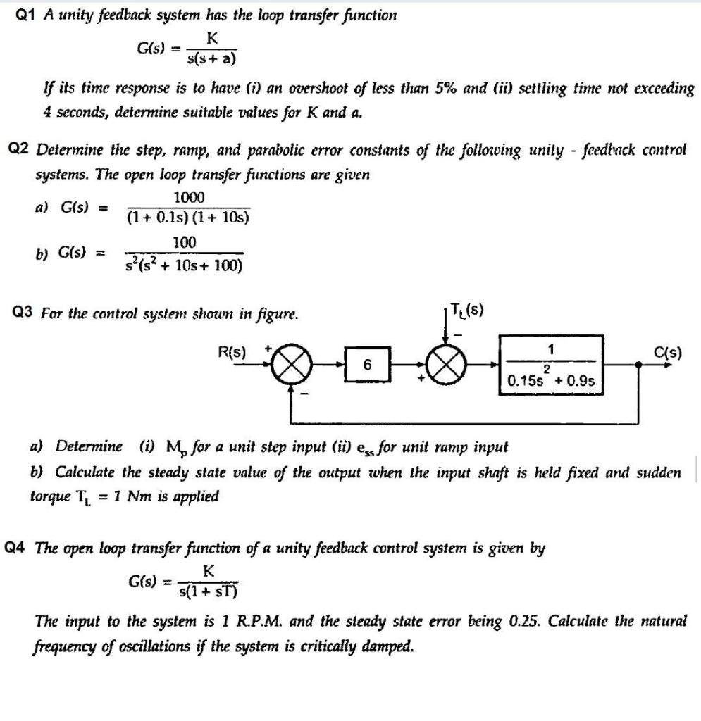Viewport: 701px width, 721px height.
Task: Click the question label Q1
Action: pyautogui.click(x=25, y=15)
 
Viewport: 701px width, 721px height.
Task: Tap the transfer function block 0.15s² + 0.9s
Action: pyautogui.click(x=552, y=365)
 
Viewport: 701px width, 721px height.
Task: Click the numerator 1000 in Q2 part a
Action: pyautogui.click(x=189, y=197)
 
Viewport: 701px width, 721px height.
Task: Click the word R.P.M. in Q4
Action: pyautogui.click(x=296, y=622)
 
